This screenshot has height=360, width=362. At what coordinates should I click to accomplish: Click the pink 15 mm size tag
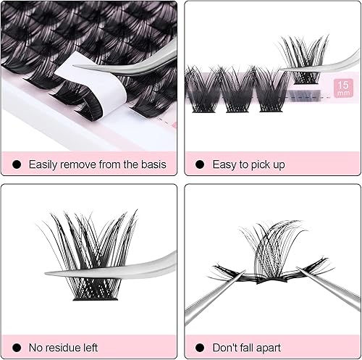click(x=342, y=89)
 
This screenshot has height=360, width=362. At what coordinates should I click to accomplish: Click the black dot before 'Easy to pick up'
click(x=199, y=164)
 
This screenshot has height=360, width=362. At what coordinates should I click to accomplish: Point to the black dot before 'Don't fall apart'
click(x=199, y=348)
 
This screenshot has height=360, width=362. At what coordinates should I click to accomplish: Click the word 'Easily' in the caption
click(x=46, y=164)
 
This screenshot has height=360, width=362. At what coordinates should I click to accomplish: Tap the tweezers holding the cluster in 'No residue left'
click(x=123, y=267)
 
